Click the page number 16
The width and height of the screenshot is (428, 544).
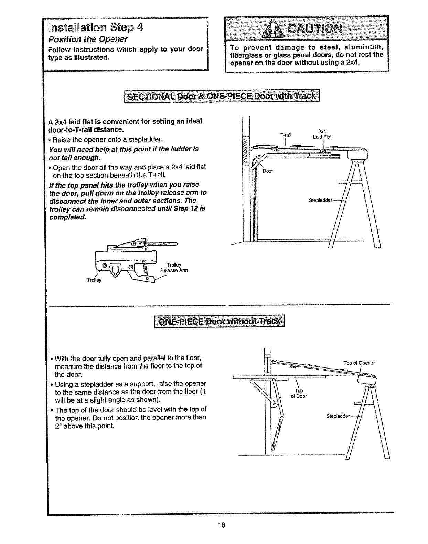[221, 525]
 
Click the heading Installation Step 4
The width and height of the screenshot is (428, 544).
[95, 27]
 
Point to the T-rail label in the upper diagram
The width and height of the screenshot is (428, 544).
[286, 135]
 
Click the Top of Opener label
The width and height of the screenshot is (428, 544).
[359, 363]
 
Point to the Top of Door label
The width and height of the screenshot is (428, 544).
[299, 393]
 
